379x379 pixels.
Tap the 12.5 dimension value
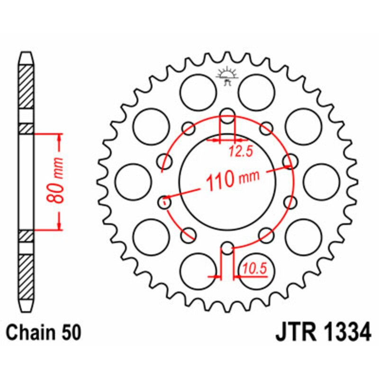click(240, 152)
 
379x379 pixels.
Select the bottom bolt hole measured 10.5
click(227, 249)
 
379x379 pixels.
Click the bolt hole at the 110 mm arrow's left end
click(164, 202)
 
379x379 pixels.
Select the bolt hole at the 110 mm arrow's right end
click(289, 162)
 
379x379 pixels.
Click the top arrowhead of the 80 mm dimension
click(59, 138)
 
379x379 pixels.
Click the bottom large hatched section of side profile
click(27, 277)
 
